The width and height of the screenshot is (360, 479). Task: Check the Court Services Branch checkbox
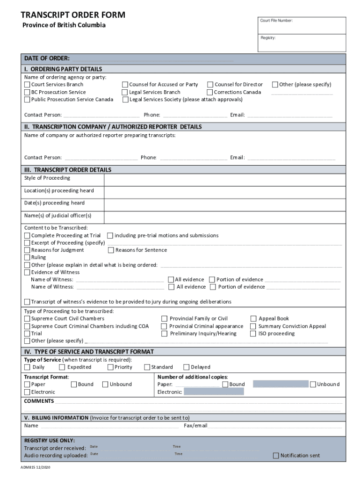27,85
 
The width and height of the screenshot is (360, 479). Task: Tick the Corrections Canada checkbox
210,92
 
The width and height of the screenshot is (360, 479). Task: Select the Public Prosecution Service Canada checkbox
27,100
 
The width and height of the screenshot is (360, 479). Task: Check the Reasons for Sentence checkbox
111,250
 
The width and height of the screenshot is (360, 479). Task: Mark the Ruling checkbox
27,258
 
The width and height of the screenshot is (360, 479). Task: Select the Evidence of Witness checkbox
27,272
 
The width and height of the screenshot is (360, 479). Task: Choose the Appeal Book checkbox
253,319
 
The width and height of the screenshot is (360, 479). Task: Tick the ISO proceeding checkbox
253,334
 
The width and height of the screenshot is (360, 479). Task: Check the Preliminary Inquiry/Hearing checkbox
165,334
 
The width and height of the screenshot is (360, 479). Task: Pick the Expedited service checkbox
62,368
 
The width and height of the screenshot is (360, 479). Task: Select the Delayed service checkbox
187,368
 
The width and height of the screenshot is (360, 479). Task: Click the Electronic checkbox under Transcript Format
27,392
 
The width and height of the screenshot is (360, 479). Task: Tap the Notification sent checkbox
276,456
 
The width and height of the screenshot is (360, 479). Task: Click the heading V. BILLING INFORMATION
56,418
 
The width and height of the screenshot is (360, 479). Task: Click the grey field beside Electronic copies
214,392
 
